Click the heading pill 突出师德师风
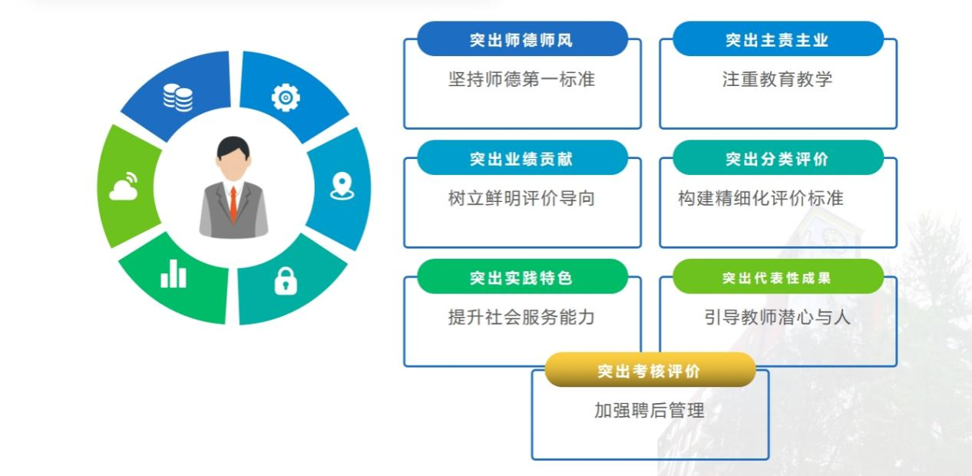pos(522,39)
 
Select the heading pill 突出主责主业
pos(777,39)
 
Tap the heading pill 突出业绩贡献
pos(522,158)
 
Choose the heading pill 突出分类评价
pos(777,158)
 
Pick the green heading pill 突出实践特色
pos(522,277)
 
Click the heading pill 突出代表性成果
pos(777,277)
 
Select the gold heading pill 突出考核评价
pos(650,371)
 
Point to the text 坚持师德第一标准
pos(522,79)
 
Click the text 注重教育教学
pos(777,79)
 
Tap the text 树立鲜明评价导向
pos(522,198)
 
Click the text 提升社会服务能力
pos(522,317)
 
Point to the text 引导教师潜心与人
pos(777,317)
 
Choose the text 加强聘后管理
pos(650,411)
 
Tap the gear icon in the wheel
pos(286,98)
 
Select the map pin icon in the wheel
pos(342,187)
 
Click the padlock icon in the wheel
pos(286,282)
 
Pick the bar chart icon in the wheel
pos(174,274)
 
